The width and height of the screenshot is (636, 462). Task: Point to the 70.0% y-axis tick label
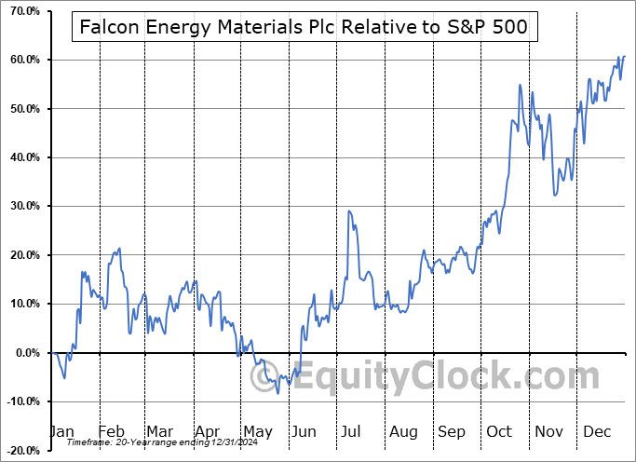(x=22, y=11)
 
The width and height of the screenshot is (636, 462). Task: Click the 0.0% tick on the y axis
(x=25, y=353)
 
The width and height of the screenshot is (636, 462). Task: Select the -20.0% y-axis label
(x=22, y=450)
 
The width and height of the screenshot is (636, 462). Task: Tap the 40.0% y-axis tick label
(x=22, y=157)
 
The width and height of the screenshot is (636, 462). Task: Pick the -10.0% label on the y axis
(x=22, y=401)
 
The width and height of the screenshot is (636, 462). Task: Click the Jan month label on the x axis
(x=61, y=431)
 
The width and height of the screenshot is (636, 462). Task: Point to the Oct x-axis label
(x=500, y=431)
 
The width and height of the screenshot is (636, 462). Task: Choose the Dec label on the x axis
(x=597, y=431)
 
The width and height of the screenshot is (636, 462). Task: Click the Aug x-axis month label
(x=403, y=431)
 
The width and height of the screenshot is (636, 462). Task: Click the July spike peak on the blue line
(x=348, y=211)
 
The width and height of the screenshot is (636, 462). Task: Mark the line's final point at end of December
(x=624, y=57)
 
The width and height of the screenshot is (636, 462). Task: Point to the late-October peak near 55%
(x=520, y=85)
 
